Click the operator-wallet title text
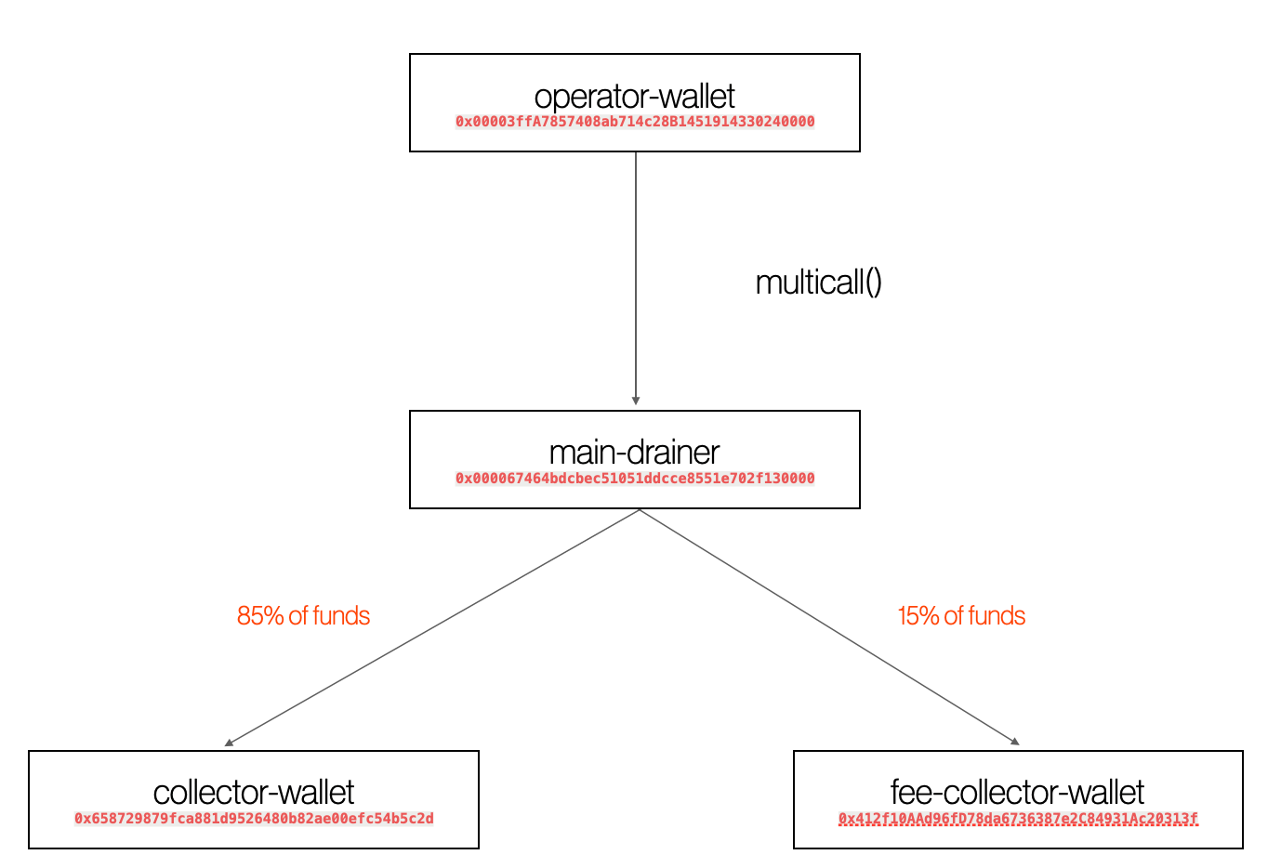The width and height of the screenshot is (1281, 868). click(x=634, y=97)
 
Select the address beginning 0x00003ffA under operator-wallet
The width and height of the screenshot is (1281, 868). click(x=634, y=122)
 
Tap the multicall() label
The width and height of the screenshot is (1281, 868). click(x=818, y=283)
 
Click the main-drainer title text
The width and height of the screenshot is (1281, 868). click(x=634, y=453)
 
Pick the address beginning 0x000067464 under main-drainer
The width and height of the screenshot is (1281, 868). click(x=634, y=479)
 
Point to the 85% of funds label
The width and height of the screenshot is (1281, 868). click(x=303, y=616)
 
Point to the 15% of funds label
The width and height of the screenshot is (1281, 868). click(x=961, y=616)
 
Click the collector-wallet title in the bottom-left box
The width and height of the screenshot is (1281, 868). click(x=253, y=793)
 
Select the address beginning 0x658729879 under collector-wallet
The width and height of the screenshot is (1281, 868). click(x=254, y=819)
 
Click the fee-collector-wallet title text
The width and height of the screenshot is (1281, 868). click(x=1017, y=793)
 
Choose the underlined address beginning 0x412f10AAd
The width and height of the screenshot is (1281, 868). click(x=1018, y=819)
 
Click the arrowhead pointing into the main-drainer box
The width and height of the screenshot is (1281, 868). click(x=636, y=401)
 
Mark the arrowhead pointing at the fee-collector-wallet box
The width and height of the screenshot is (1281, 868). click(x=1015, y=742)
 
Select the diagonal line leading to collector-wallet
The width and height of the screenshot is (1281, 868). click(x=432, y=627)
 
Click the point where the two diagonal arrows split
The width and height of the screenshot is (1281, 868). click(x=640, y=510)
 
